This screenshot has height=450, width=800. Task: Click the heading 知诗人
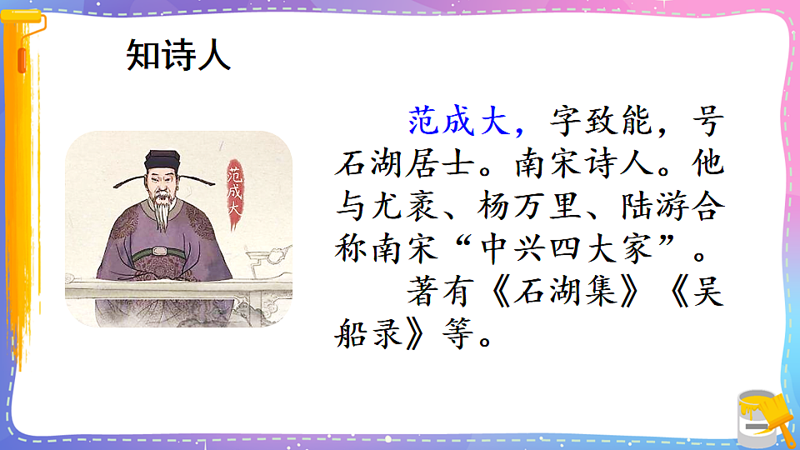coord(177,57)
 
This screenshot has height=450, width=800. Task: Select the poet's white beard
coord(162,212)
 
